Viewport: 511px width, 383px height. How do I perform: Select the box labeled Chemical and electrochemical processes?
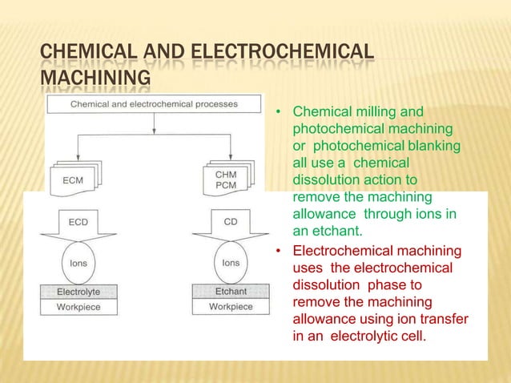[153, 103]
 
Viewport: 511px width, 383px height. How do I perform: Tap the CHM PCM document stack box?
[227, 179]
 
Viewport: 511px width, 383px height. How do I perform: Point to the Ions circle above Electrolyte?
[78, 262]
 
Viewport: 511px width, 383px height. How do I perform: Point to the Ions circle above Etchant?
[230, 262]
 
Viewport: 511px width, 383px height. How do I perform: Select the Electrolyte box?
[78, 292]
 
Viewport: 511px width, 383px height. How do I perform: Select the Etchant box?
[230, 292]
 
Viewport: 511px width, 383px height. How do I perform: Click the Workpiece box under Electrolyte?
[78, 307]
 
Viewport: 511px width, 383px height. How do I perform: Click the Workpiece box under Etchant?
[230, 307]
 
